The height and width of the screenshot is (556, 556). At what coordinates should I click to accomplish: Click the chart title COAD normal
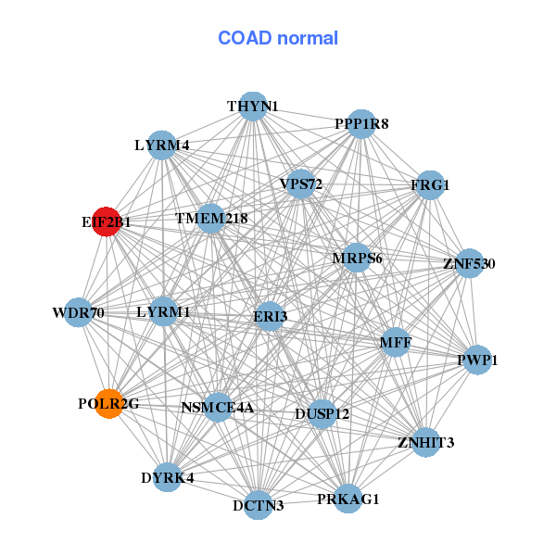click(x=278, y=38)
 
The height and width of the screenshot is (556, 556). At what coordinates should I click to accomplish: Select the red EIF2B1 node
click(x=107, y=222)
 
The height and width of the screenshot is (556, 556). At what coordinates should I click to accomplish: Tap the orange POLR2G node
click(x=109, y=404)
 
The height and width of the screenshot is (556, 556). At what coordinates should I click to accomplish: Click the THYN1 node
click(x=253, y=106)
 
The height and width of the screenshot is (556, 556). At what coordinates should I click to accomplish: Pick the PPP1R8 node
click(x=360, y=123)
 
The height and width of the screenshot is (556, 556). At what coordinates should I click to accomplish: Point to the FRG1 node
click(x=429, y=185)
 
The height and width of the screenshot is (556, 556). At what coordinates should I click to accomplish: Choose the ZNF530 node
click(x=469, y=263)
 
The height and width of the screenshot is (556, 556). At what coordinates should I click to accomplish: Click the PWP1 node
click(x=476, y=360)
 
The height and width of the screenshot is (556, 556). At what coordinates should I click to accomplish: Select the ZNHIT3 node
click(x=425, y=441)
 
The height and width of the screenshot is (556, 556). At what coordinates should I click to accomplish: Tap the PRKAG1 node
click(x=347, y=499)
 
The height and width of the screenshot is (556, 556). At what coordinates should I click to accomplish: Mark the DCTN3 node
click(x=259, y=505)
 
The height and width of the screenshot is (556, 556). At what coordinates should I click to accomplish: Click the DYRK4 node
click(x=168, y=478)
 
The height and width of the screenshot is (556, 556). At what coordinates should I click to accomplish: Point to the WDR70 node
click(x=79, y=312)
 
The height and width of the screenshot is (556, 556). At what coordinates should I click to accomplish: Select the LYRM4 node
click(x=162, y=145)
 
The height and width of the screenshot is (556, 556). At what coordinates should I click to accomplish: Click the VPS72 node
click(x=300, y=184)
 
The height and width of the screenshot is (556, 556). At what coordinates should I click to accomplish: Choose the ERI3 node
click(x=270, y=316)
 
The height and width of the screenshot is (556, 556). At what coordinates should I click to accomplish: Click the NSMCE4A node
click(x=218, y=407)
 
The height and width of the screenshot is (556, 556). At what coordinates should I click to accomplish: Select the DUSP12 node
click(x=322, y=413)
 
